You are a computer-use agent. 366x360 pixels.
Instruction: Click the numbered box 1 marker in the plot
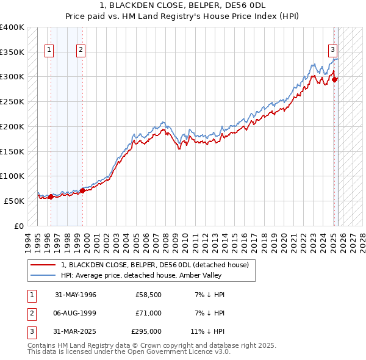tap(49, 51)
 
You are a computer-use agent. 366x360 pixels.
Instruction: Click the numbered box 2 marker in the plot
tap(81, 51)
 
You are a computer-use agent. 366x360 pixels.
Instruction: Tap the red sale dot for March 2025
tap(335, 79)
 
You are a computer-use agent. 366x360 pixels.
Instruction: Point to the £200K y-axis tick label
tap(12, 126)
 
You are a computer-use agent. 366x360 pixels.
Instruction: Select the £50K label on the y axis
tap(14, 201)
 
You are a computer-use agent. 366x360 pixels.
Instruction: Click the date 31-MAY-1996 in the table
tap(76, 295)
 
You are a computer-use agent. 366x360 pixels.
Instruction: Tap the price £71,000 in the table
tap(149, 313)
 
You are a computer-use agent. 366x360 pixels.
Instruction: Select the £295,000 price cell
tap(146, 331)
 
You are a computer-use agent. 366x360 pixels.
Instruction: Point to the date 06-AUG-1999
tap(76, 313)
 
